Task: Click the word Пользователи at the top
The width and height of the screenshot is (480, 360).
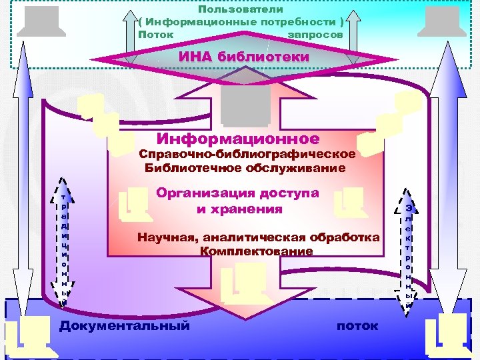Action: (x=241, y=10)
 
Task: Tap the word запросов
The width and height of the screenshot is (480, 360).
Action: (x=315, y=33)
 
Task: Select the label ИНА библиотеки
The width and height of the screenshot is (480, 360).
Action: (x=244, y=57)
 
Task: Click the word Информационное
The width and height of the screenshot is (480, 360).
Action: (x=237, y=139)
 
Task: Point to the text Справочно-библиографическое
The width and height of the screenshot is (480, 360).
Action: (x=247, y=154)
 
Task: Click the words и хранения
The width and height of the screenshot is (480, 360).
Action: (x=239, y=209)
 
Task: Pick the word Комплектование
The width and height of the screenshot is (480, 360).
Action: (x=256, y=251)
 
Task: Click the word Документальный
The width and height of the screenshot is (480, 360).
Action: (x=125, y=325)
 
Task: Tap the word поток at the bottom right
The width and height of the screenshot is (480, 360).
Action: (x=357, y=326)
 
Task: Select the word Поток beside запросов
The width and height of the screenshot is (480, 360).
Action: (x=155, y=33)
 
